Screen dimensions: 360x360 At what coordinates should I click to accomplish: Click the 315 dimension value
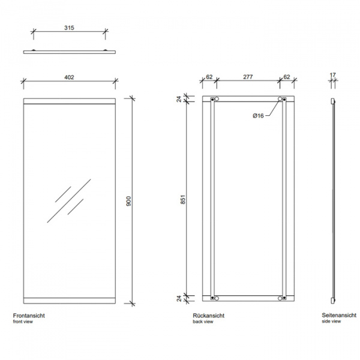tap(69, 27)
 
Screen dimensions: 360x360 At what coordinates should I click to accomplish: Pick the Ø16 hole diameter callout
tap(258, 115)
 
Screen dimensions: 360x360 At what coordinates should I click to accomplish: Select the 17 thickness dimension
tap(333, 76)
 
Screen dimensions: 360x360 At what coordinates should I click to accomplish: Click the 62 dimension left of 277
tap(209, 77)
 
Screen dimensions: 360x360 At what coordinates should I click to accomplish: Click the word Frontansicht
tap(29, 316)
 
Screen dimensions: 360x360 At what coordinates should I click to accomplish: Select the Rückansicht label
tap(207, 316)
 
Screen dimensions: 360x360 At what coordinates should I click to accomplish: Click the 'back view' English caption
tap(203, 322)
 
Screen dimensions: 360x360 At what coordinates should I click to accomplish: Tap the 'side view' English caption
tap(331, 322)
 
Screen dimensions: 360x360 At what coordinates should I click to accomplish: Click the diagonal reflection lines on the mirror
tap(68, 200)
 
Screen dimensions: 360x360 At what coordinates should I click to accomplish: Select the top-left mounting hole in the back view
tap(217, 99)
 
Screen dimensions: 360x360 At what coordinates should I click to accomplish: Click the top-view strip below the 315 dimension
tap(69, 52)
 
